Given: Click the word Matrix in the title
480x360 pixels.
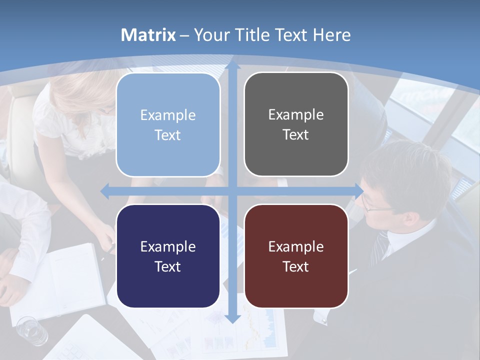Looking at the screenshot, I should coord(148,35).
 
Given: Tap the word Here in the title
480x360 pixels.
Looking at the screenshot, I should coord(332,35).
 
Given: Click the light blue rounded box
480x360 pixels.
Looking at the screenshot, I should coord(168,125).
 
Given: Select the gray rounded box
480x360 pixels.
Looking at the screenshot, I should coord(296,124).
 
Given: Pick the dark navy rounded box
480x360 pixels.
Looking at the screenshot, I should coord(168,256).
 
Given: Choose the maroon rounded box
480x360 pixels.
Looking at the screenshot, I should coord(296,256).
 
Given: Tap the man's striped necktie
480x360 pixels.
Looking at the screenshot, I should coord(379,247).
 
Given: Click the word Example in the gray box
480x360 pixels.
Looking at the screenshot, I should coord(296,114).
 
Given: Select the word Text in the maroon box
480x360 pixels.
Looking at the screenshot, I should coord(296,266).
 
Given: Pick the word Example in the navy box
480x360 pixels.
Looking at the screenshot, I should coord(168,246).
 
